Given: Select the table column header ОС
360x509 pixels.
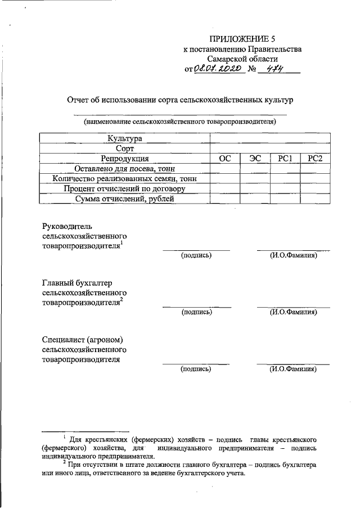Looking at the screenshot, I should coord(225,159).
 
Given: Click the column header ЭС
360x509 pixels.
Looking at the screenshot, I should coord(255,159).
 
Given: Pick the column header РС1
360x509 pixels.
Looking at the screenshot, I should coord(285,159).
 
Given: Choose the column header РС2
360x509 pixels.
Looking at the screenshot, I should coord(314,159).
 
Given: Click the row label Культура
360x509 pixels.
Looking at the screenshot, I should coord(125,138).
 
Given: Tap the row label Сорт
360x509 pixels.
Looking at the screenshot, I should coord(125,148).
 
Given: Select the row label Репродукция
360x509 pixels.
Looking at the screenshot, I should coord(125,159).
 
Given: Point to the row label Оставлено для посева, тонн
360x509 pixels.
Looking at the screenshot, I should coord(125,169).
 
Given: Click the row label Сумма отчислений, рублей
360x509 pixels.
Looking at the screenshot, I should coord(125,199).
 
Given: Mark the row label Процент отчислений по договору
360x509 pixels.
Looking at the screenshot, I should coord(125,189).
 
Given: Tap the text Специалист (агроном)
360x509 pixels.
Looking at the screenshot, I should coord(82,340).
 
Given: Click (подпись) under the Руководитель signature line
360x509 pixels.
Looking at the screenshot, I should coord(196,256).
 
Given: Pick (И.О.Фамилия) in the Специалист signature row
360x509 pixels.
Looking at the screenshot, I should coord(292,370).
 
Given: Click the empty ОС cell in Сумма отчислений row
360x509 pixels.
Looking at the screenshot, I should coord(225,199).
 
